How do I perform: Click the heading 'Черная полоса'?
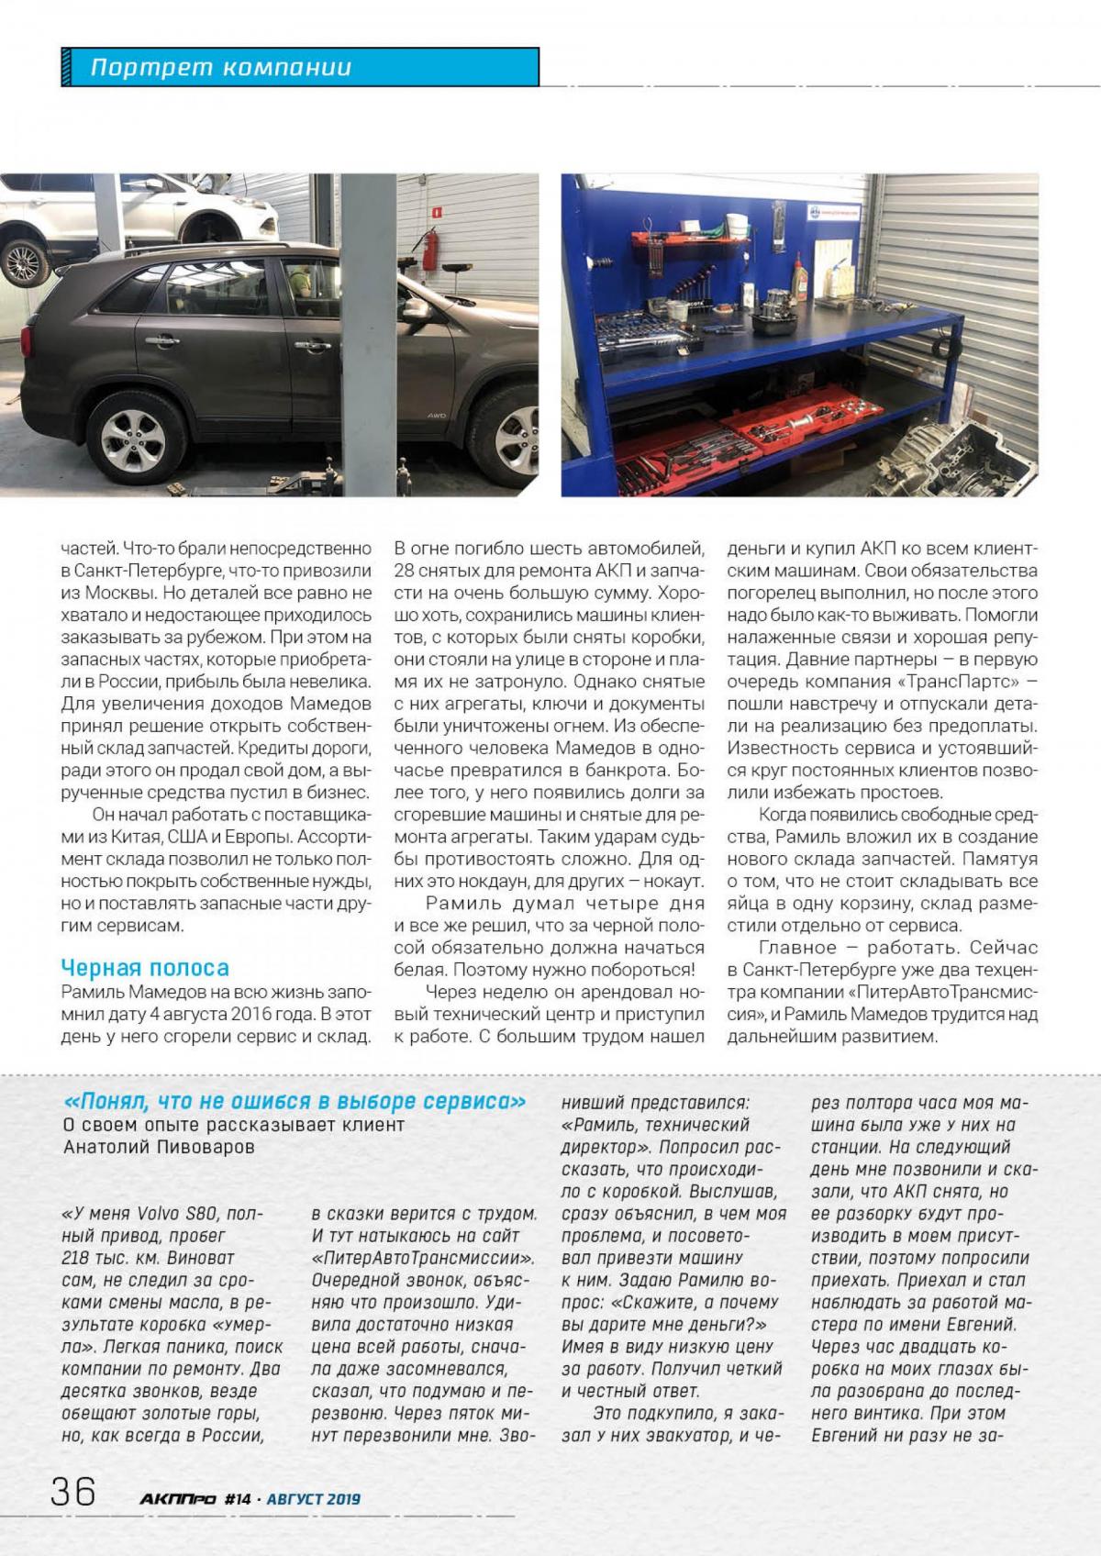(x=145, y=967)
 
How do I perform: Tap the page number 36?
(x=73, y=1491)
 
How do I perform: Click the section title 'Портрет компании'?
(x=220, y=68)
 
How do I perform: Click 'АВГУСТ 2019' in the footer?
(x=313, y=1499)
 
